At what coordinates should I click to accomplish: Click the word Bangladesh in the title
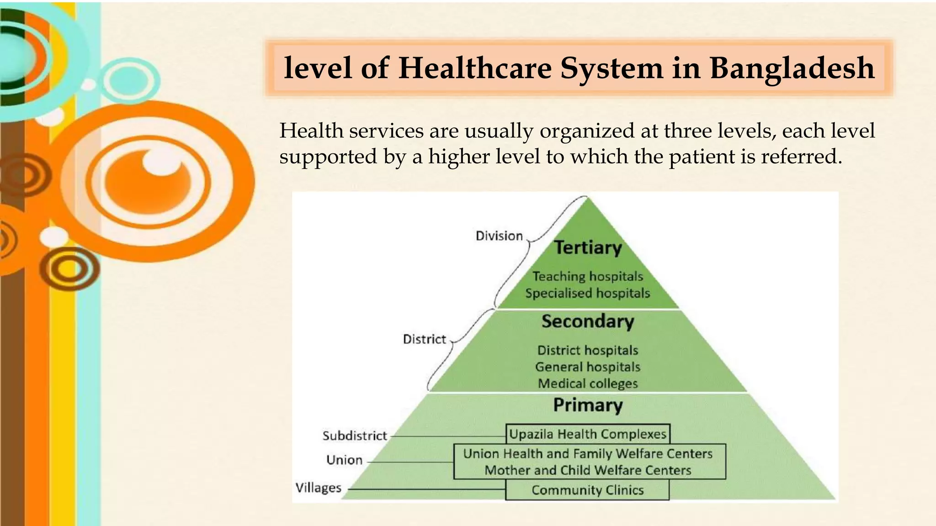coord(792,68)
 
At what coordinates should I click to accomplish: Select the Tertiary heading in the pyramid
coord(588,247)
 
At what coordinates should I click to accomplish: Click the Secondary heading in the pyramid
coord(588,321)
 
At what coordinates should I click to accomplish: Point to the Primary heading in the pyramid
coord(588,405)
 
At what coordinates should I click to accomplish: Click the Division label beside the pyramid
coord(499,236)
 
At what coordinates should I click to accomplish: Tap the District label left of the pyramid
coord(424,339)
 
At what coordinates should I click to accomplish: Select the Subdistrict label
coord(355,436)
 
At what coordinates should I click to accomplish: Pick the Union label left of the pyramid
coord(344,460)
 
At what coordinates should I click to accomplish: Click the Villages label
coord(318,488)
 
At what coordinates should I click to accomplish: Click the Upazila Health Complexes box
coord(588,434)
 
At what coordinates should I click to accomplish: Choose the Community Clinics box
coord(587,490)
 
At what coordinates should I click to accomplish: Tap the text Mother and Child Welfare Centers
coord(588,470)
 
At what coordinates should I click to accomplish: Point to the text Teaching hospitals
coord(588,276)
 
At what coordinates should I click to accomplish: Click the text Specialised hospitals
coord(588,293)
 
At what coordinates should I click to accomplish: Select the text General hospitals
coord(588,367)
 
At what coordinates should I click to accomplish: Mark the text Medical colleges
coord(588,384)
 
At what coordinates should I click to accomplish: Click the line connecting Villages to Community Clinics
coord(425,489)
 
